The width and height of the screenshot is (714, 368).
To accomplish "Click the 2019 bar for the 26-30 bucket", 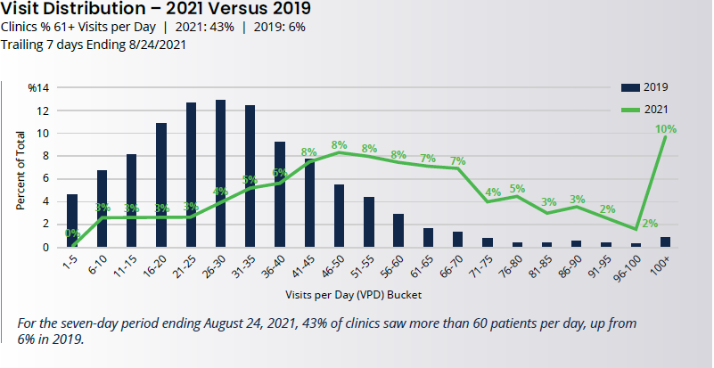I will pyautogui.click(x=220, y=174).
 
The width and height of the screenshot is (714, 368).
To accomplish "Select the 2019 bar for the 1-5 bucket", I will pyautogui.click(x=72, y=220).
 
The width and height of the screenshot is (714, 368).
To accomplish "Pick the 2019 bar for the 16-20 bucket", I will pyautogui.click(x=161, y=184).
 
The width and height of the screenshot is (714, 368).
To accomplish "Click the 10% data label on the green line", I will pyautogui.click(x=666, y=129).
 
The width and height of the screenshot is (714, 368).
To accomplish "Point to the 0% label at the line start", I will pyautogui.click(x=72, y=234).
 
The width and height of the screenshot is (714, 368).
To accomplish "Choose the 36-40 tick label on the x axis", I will pyautogui.click(x=280, y=267).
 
